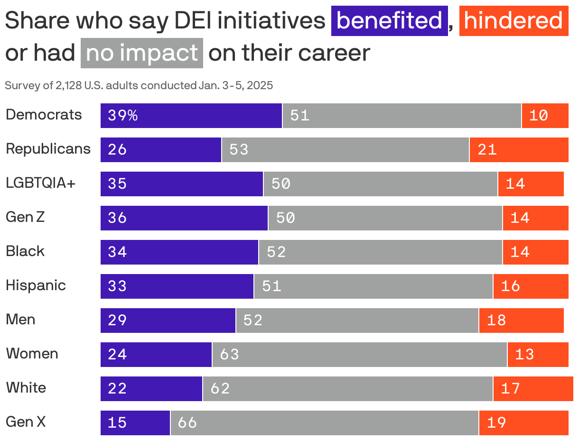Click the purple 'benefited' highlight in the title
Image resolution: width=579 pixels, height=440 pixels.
pos(389,21)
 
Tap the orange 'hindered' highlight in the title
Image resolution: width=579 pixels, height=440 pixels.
pos(514,21)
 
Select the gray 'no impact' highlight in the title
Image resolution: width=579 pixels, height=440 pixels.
pos(142,53)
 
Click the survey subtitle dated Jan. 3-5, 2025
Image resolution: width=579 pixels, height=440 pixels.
pos(139,86)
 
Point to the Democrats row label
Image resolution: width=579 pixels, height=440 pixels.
pos(44,115)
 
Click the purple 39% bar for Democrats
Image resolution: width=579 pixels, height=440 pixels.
pos(191,116)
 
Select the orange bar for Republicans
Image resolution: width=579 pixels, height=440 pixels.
pos(519,150)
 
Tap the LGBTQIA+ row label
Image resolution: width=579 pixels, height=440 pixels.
pos(41,183)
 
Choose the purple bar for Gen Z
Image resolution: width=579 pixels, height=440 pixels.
pos(184,218)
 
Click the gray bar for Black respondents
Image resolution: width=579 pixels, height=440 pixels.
pos(380,252)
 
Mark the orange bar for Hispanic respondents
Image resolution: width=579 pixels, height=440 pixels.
pos(531,286)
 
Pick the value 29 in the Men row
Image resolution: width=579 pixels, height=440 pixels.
pos(117,321)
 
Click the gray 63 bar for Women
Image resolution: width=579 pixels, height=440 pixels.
pos(359,355)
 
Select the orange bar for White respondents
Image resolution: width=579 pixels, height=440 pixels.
pos(533,389)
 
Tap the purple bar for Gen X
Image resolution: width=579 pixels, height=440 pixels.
pos(135,423)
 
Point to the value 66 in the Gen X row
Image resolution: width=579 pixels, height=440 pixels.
pos(187,423)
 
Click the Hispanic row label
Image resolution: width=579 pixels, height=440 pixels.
pos(36,285)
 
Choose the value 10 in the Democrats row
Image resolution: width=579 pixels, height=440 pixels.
pos(539,116)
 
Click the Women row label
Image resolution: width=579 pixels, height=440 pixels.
pos(32,354)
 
